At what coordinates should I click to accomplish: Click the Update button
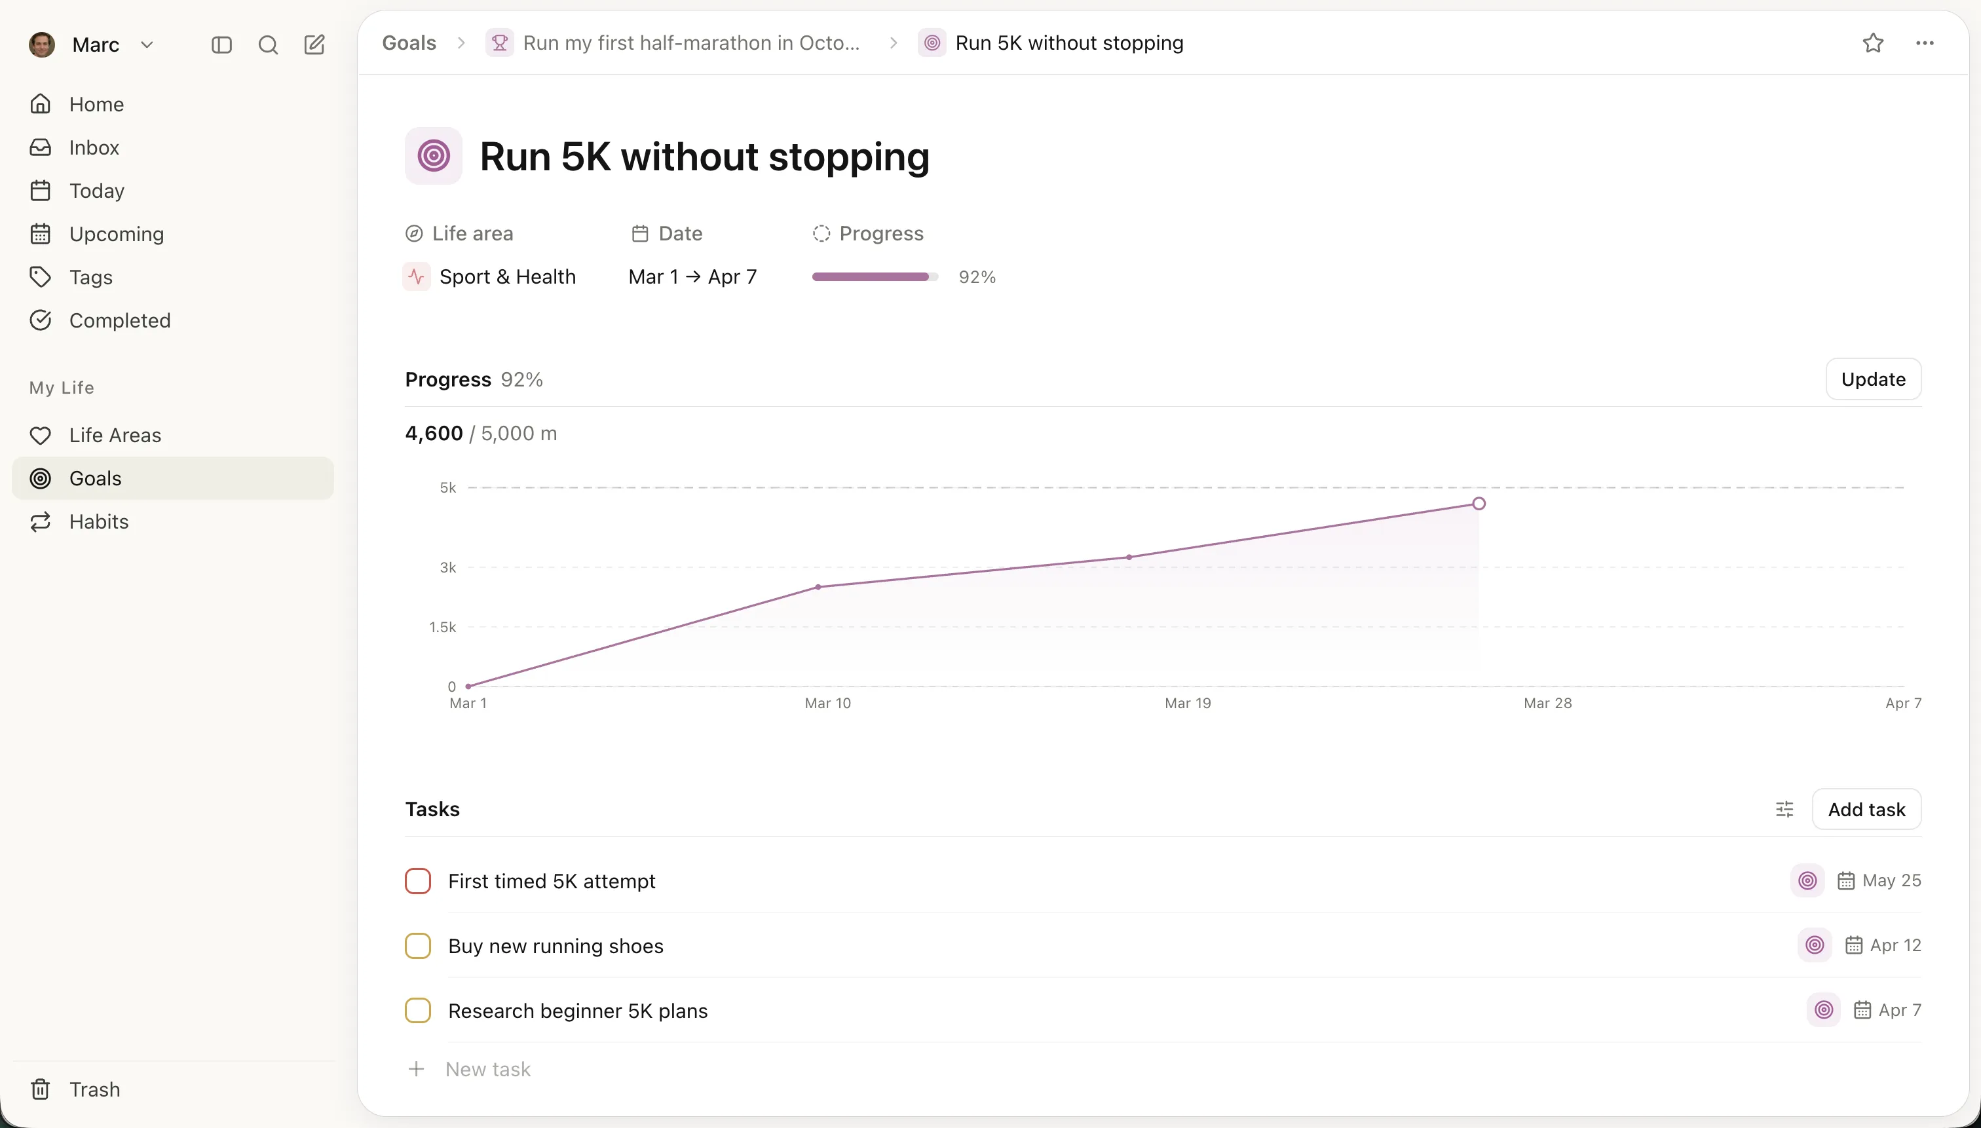[x=1872, y=379]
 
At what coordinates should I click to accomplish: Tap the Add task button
[x=1866, y=809]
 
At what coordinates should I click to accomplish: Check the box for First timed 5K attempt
[x=417, y=881]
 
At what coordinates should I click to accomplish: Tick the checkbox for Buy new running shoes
[x=417, y=946]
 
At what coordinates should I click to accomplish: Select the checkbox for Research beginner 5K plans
[x=417, y=1010]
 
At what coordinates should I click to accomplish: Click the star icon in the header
[x=1872, y=43]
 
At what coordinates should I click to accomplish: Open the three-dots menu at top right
[x=1925, y=43]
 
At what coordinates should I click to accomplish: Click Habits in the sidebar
[x=98, y=521]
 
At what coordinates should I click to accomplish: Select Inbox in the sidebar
[x=94, y=147]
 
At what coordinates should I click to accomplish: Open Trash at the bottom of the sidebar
[x=94, y=1089]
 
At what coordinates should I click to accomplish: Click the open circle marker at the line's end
[x=1478, y=504]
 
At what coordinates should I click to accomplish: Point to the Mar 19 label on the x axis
[x=1187, y=703]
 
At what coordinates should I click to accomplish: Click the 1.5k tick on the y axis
[x=442, y=627]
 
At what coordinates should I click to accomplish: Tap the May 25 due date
[x=1891, y=881]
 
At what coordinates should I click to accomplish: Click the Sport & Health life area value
[x=506, y=276]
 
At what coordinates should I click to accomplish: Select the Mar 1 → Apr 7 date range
[x=692, y=276]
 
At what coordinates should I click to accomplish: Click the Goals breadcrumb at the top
[x=409, y=43]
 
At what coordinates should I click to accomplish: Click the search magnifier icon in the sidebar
[x=267, y=45]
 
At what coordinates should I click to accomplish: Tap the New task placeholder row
[x=487, y=1069]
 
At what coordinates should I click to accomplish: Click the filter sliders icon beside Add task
[x=1783, y=809]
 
